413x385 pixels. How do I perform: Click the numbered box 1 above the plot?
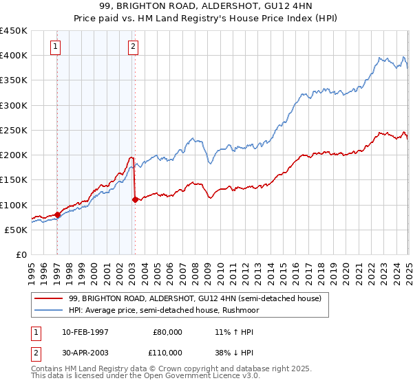(55, 47)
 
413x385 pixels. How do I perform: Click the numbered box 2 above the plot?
(133, 47)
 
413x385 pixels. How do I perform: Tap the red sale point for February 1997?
(57, 214)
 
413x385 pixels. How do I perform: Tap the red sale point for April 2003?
(135, 200)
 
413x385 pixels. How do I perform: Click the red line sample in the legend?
(50, 298)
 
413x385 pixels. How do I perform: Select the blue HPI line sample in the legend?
(50, 310)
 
